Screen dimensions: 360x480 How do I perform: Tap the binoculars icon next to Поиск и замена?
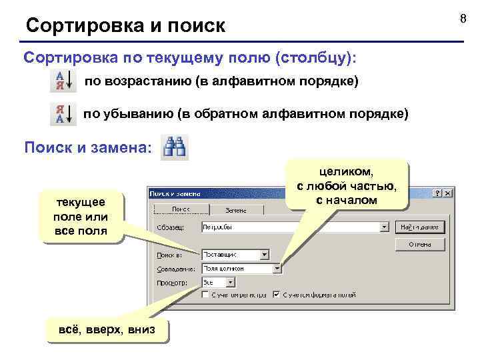pyautogui.click(x=177, y=147)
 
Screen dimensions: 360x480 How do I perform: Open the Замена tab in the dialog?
pyautogui.click(x=235, y=210)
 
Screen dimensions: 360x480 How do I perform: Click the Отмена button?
pyautogui.click(x=419, y=244)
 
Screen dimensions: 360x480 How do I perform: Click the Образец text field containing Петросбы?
pyautogui.click(x=290, y=227)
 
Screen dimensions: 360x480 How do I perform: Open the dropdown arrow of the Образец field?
pyautogui.click(x=384, y=227)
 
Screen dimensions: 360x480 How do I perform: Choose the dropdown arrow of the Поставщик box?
pyautogui.click(x=264, y=254)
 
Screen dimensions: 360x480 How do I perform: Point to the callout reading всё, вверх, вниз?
pyautogui.click(x=107, y=329)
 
